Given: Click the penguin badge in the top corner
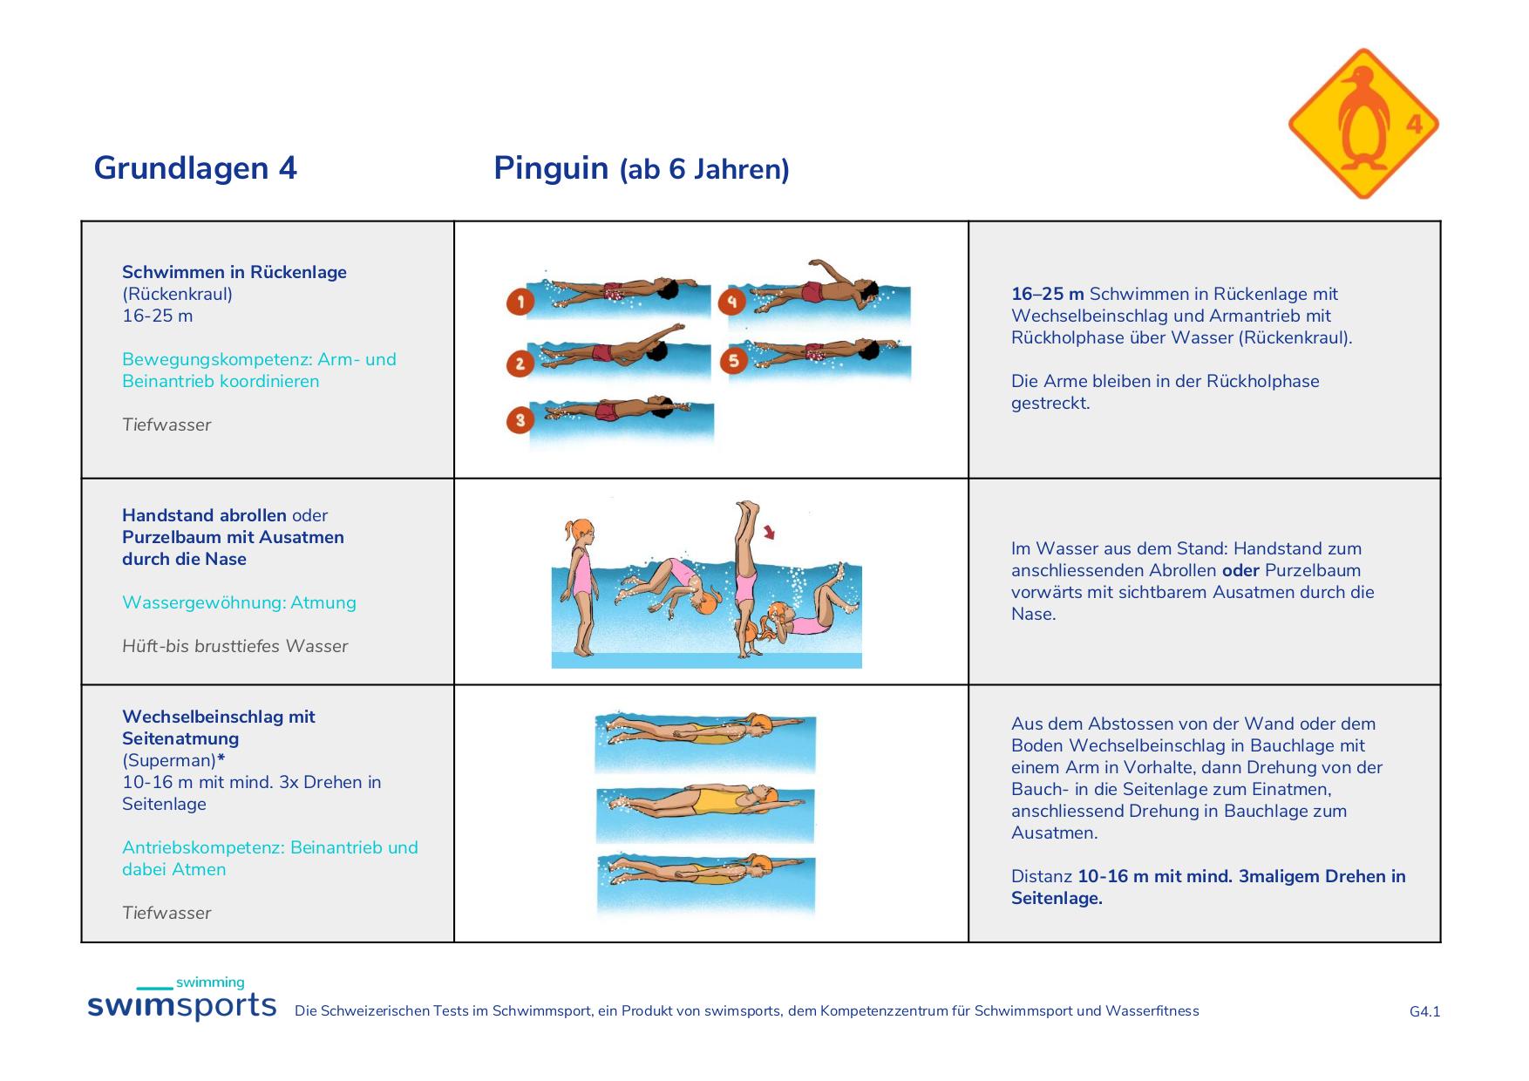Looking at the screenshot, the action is pyautogui.click(x=1363, y=124).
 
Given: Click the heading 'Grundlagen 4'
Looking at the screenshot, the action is pyautogui.click(x=195, y=167).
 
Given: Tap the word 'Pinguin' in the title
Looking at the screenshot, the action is pyautogui.click(x=551, y=167).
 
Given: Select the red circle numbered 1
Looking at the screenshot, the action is pyautogui.click(x=520, y=303).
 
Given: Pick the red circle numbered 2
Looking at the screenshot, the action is pyautogui.click(x=520, y=364).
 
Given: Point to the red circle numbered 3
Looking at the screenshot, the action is pyautogui.click(x=520, y=421).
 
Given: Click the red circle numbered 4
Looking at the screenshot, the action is pyautogui.click(x=732, y=303).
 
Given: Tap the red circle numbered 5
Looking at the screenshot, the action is pyautogui.click(x=734, y=360).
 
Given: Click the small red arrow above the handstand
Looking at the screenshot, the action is pyautogui.click(x=770, y=532).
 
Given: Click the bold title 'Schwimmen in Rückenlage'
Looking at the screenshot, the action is pyautogui.click(x=234, y=272).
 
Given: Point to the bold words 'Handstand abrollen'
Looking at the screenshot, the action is pyautogui.click(x=204, y=515).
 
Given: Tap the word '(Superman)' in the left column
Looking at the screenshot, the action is pyautogui.click(x=169, y=760).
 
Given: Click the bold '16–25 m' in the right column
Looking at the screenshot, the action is pyautogui.click(x=1048, y=294).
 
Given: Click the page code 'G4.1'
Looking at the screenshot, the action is pyautogui.click(x=1425, y=1011).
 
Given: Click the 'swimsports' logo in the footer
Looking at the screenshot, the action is pyautogui.click(x=181, y=999).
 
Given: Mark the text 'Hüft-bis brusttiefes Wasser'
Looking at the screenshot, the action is pyautogui.click(x=235, y=646).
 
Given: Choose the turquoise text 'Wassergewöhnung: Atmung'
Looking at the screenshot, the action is pyautogui.click(x=239, y=602).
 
